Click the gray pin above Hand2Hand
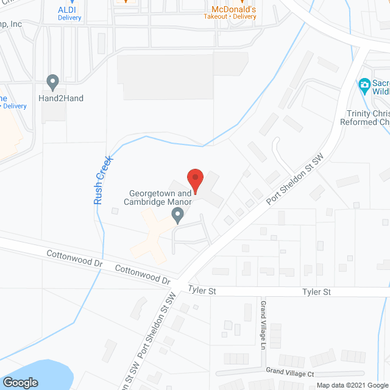52,82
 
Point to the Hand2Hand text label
61,98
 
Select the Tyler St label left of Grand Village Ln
202,292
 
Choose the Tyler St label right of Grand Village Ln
316,292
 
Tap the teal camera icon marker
364,84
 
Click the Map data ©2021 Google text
352,385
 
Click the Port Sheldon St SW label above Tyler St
296,179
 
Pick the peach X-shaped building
152,234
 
